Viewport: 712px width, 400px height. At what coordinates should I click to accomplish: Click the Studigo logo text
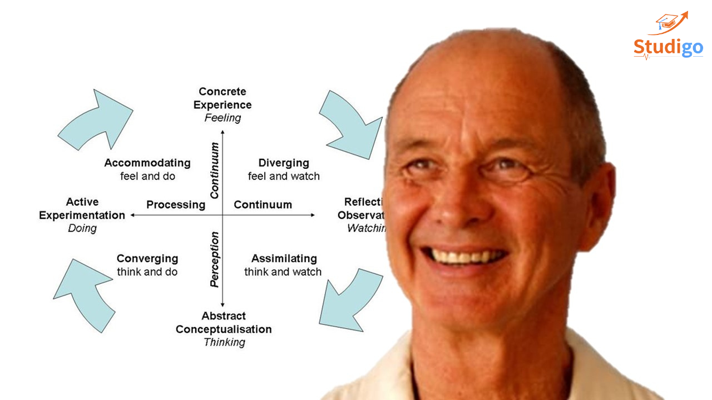pos(668,48)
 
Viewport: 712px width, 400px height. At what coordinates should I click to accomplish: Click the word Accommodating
pos(147,163)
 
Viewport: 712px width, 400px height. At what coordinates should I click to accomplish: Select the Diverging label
pos(284,163)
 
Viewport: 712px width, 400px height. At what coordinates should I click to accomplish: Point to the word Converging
pos(147,258)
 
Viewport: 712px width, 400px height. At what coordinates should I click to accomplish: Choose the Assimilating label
pos(284,258)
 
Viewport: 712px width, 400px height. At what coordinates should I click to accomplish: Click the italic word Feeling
pos(222,118)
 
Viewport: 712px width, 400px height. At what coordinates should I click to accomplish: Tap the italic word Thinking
pos(224,342)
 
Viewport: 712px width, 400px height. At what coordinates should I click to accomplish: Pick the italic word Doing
pos(82,228)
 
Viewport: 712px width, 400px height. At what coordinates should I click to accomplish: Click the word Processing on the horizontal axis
pos(176,204)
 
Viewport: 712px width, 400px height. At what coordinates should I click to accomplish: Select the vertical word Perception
pos(215,259)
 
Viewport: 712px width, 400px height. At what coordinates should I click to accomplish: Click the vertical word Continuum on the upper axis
pos(215,170)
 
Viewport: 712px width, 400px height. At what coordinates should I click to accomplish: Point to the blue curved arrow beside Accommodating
pos(97,119)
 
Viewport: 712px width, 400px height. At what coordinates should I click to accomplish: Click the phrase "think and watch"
pos(283,272)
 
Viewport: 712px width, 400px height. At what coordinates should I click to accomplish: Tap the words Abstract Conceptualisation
pos(224,323)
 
